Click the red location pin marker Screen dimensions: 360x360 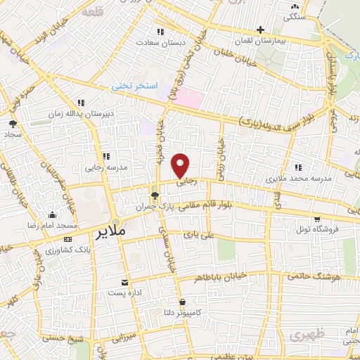[x=181, y=166]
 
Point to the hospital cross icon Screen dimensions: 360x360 [x=261, y=30]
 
